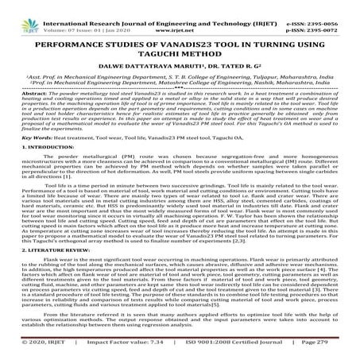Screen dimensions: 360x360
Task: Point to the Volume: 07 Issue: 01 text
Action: click(x=87, y=18)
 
